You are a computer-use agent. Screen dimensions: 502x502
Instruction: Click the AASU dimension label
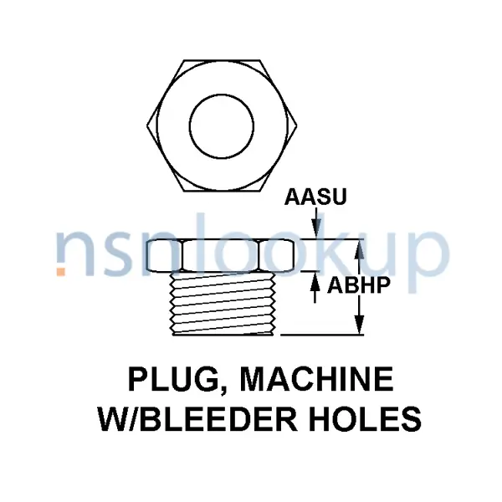coord(315,197)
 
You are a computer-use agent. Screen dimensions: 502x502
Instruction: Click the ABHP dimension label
coord(359,285)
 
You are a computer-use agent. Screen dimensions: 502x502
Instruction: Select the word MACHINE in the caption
coord(316,379)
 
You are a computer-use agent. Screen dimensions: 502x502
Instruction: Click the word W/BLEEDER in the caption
coord(198,419)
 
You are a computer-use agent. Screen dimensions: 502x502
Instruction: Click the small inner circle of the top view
coord(222,126)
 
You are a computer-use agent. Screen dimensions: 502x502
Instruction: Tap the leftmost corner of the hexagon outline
coord(147,125)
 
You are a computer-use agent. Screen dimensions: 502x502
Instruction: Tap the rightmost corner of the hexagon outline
coord(297,125)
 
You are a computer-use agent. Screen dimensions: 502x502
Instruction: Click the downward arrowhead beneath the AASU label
coord(316,229)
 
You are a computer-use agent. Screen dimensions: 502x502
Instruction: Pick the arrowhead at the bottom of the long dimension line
coord(360,325)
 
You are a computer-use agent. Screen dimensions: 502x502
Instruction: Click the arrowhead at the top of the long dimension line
coord(360,249)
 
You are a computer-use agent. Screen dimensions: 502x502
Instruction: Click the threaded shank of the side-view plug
coord(223,303)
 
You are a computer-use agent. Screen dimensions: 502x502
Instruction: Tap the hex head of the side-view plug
coord(222,255)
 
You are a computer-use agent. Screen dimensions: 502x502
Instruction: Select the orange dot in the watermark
coord(61,271)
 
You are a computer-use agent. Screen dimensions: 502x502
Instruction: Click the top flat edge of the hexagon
coord(222,60)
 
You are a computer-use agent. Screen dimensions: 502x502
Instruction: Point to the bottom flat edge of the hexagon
coord(222,192)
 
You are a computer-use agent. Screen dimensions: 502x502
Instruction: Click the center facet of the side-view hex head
coord(222,255)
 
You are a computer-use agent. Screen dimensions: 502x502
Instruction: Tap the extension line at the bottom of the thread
coord(322,335)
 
